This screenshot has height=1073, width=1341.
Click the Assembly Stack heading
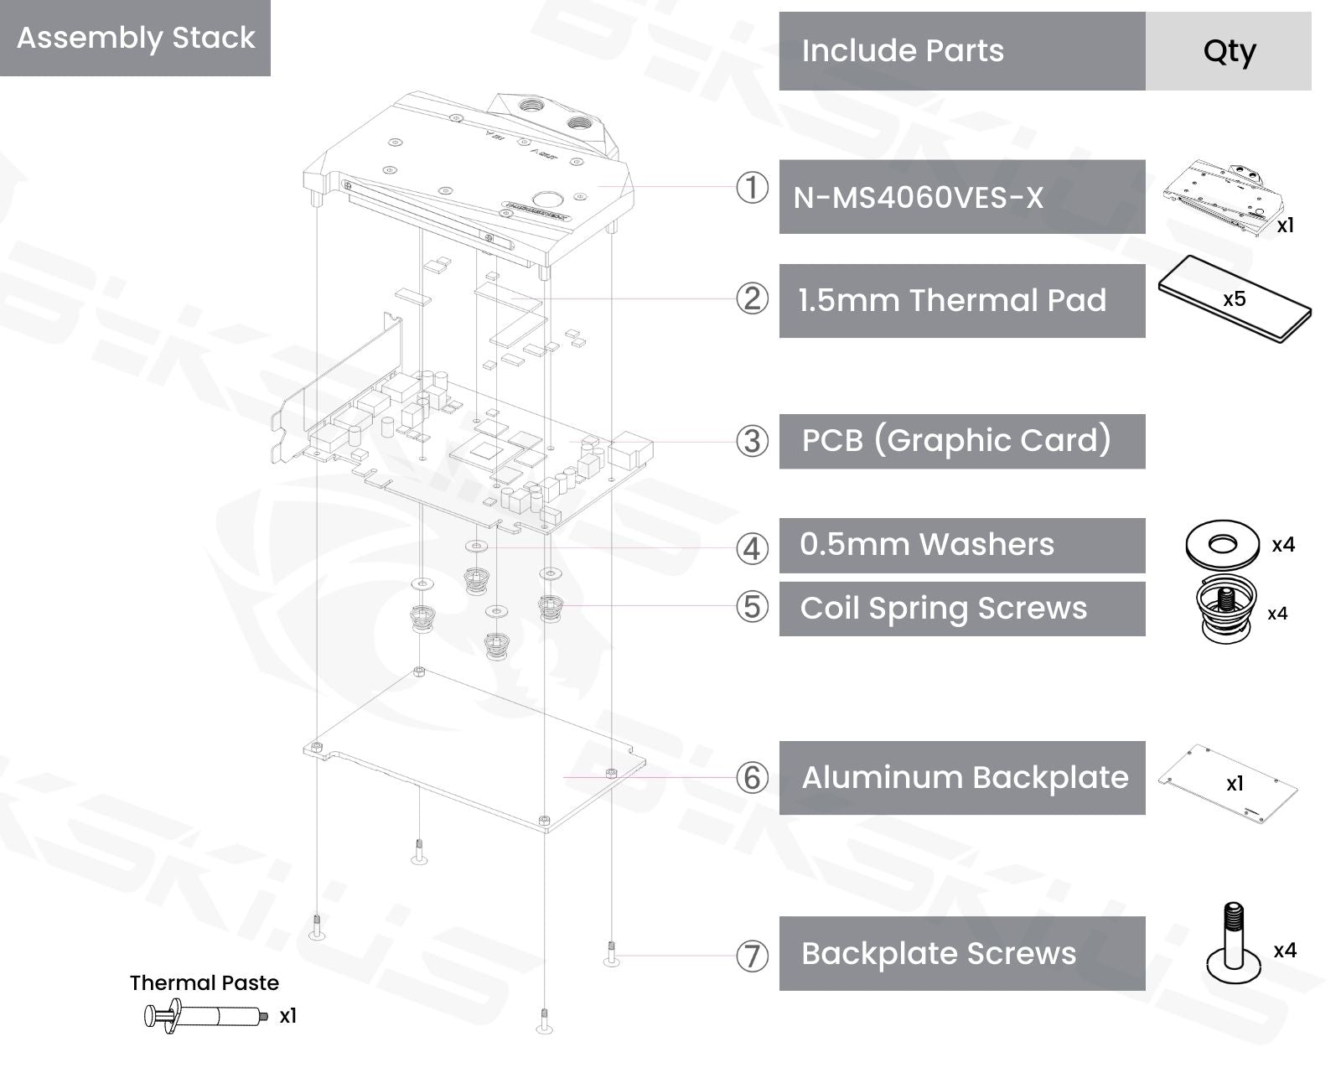click(135, 38)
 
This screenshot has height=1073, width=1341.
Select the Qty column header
click(1229, 51)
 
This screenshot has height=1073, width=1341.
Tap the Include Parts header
click(902, 51)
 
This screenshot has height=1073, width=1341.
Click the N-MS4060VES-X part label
click(918, 198)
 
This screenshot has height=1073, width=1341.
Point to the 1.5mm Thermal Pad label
click(952, 300)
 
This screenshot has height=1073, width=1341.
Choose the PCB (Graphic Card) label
click(956, 441)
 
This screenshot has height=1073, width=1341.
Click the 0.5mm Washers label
click(926, 545)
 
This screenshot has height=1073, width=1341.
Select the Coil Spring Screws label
click(943, 609)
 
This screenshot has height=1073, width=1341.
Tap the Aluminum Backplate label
click(965, 778)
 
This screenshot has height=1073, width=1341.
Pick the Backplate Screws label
click(938, 954)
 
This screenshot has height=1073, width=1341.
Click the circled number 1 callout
click(752, 188)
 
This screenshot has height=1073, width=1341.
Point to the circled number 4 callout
click(752, 549)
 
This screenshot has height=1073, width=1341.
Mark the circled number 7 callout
click(752, 956)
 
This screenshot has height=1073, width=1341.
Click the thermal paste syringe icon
click(205, 1016)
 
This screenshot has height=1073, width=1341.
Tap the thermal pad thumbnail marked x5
click(1234, 299)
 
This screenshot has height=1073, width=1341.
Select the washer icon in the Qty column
click(1222, 546)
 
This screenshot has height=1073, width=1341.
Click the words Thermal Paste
click(205, 982)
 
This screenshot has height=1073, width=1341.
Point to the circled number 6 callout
click(752, 778)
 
